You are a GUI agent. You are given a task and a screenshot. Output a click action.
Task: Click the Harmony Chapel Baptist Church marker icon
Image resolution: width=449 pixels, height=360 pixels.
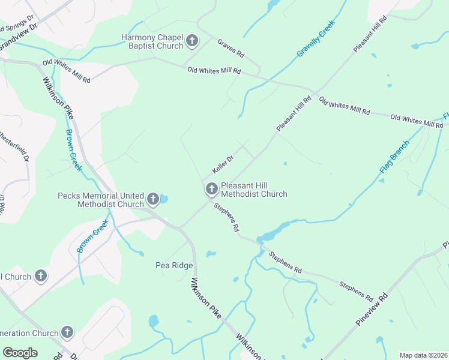191,41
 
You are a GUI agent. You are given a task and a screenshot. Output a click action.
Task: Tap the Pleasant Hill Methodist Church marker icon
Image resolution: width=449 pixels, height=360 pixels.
211,190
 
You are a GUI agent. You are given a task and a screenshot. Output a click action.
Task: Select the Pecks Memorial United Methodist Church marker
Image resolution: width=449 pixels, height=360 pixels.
153,199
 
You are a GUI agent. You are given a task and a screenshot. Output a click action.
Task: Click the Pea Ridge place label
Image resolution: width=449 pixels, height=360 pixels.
174,265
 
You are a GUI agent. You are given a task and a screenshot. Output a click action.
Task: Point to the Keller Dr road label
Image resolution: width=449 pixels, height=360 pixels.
221,163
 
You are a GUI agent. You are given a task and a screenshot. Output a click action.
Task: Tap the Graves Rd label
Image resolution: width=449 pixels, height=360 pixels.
231,48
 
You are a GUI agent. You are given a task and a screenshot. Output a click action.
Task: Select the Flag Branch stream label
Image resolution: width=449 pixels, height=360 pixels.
394,157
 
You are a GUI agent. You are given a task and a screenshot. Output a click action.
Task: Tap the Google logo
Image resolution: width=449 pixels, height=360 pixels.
20,353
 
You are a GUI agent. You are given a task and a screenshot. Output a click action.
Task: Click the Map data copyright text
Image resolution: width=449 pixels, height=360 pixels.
423,355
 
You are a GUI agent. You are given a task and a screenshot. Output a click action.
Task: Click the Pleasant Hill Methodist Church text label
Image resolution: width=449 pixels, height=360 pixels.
254,190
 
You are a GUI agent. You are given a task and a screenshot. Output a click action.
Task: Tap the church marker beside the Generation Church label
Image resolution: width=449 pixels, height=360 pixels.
67,332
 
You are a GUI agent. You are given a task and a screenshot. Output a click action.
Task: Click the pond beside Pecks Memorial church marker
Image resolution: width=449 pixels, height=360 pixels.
164,199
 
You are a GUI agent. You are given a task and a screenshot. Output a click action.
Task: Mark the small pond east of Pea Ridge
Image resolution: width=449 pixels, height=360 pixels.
211,254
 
